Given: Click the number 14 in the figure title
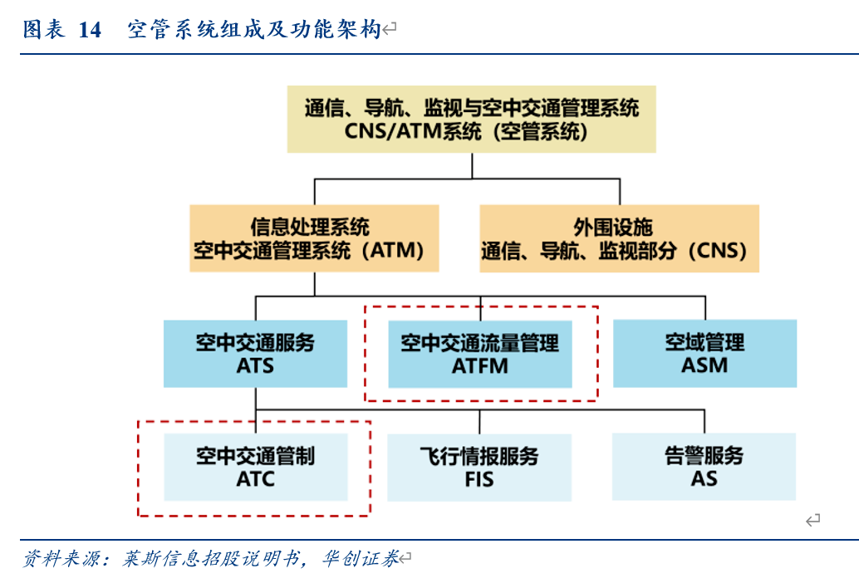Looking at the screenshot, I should (90, 31).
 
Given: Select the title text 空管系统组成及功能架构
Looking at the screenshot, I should (253, 31).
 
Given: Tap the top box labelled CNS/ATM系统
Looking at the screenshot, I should (471, 119).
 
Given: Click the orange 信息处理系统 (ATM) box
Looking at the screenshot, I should (314, 238).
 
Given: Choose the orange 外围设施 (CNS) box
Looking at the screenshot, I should (619, 238).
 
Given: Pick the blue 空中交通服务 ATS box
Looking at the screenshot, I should (255, 354).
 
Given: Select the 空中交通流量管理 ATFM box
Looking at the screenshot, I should (480, 354).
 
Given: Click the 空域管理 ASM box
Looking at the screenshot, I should (704, 354).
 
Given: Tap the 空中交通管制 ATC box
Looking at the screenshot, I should (255, 467).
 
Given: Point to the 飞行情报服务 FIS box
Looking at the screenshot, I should (479, 467).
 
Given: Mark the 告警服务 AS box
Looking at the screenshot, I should (704, 467).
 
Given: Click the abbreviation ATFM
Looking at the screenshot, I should (480, 365).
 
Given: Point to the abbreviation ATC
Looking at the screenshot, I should (255, 479).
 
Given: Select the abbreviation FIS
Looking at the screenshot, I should (479, 479).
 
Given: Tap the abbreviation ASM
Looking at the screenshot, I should (704, 365).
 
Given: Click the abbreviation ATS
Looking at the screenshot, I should (255, 365).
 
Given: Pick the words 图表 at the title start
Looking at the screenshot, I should (43, 31).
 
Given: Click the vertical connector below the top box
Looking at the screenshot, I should (472, 166).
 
